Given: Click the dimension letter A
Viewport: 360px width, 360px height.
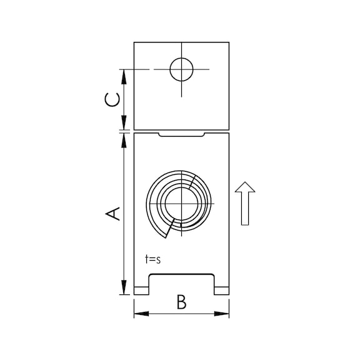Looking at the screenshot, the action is point(112,214).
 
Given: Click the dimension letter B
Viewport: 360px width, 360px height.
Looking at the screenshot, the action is point(181,302).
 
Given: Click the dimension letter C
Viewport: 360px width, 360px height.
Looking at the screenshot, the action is point(112,100).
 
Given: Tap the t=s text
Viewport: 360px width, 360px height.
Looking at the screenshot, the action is point(153,259).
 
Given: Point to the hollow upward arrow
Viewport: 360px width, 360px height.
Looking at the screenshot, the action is point(245,203).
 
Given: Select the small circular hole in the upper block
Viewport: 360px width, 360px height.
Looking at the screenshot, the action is point(181,69).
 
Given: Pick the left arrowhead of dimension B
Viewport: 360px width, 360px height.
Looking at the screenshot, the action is point(141,314).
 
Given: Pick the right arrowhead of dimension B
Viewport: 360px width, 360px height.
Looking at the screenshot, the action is point(221,314).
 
